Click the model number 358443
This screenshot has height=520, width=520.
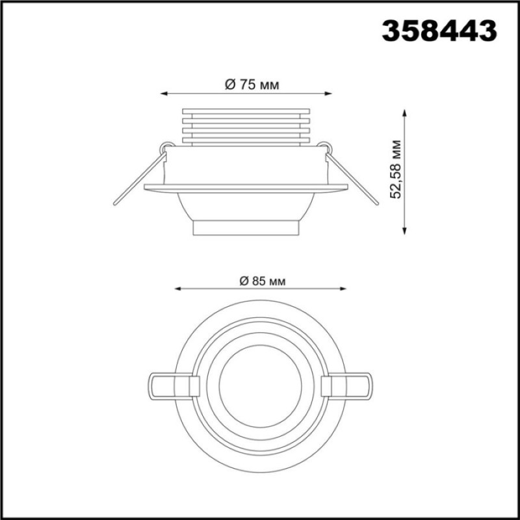[439, 31]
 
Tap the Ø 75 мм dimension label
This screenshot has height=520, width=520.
[252, 84]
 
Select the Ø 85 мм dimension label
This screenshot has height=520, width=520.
[263, 281]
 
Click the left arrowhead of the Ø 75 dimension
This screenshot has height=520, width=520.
[164, 94]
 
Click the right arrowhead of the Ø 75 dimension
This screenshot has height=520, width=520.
[328, 94]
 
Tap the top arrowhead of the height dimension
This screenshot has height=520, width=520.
[404, 112]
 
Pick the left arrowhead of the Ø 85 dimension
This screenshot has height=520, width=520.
[178, 289]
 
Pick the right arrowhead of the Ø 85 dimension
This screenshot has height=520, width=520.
[343, 289]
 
